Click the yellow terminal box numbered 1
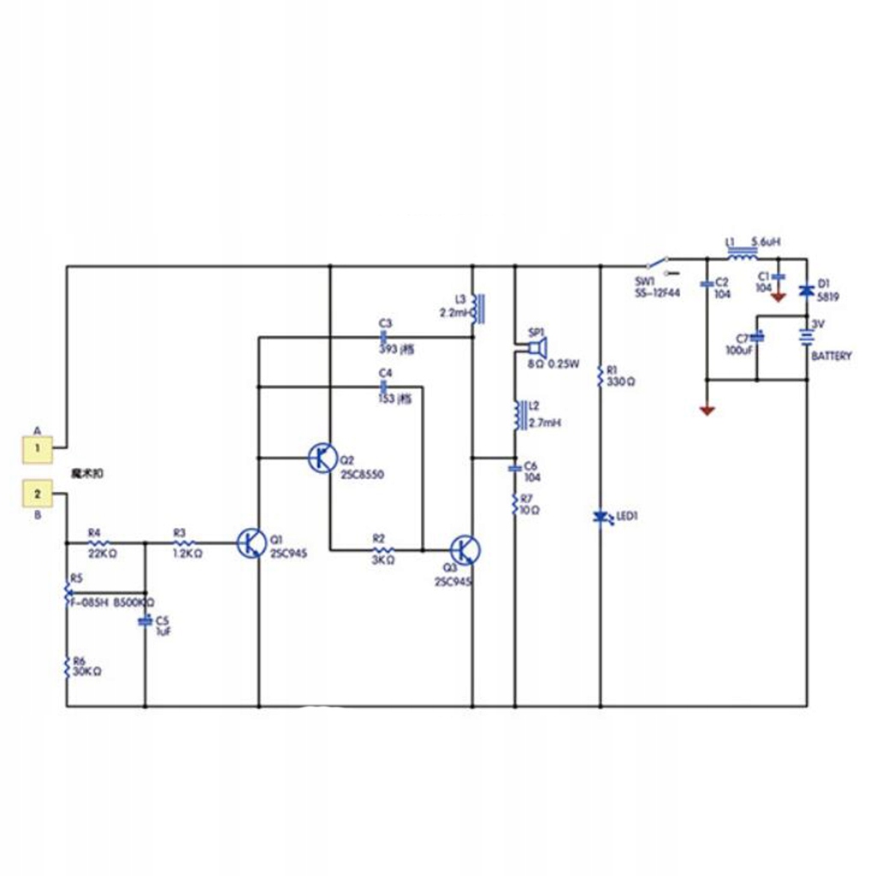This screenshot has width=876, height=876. tap(36, 446)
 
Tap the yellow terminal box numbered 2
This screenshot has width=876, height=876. tap(36, 494)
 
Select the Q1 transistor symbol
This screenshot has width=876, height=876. tap(251, 542)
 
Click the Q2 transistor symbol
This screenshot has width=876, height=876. tap(323, 458)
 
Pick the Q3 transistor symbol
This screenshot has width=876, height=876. tap(465, 550)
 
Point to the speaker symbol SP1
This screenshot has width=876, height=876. tap(536, 347)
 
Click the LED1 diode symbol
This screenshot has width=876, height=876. tap(600, 517)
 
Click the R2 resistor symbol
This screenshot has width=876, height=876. tap(382, 550)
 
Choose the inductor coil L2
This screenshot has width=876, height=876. tap(516, 415)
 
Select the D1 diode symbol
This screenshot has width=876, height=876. tap(805, 291)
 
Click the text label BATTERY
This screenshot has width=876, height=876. tap(831, 356)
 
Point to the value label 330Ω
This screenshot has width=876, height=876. tap(620, 382)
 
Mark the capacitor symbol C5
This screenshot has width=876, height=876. tap(145, 620)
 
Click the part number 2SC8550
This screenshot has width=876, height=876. tap(362, 474)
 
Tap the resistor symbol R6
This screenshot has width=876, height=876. tap(67, 666)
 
